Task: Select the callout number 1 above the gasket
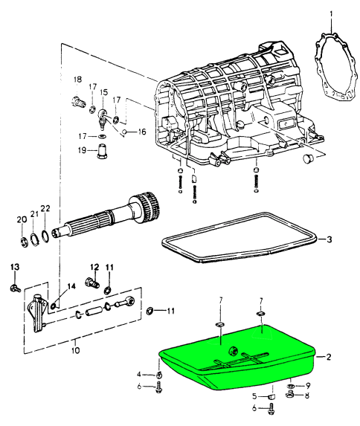[331, 13]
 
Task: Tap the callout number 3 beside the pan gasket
[329, 239]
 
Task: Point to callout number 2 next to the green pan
[329, 357]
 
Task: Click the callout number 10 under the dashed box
[75, 350]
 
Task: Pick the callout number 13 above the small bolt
[15, 267]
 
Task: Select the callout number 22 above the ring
[45, 208]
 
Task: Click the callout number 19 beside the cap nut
[82, 150]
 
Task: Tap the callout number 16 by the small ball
[142, 132]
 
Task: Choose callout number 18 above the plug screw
[77, 80]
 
